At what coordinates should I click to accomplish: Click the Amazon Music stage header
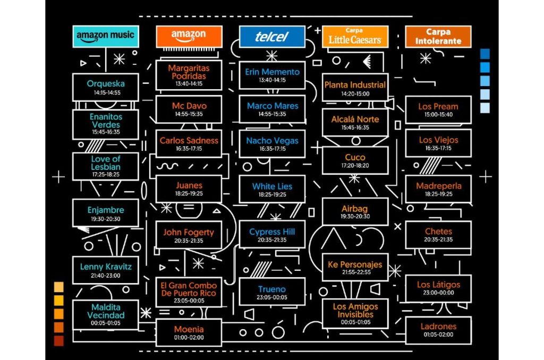point(105,36)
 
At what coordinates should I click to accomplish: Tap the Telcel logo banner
point(271,37)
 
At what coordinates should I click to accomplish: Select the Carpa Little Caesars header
point(355,37)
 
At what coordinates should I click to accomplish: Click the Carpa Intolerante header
point(438,37)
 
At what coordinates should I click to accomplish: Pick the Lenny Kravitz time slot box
point(105,270)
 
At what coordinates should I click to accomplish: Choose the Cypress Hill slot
point(272,235)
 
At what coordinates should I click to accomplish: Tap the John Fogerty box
point(189,235)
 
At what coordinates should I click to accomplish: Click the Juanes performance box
point(189,188)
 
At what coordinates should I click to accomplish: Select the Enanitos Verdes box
point(105,124)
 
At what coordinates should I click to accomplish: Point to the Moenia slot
point(189,332)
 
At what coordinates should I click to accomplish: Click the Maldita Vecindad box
point(105,314)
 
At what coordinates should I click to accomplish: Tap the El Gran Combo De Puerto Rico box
point(189,292)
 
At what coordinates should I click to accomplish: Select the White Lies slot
point(272,189)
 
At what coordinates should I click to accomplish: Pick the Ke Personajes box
point(355,267)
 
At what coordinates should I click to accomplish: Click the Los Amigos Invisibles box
point(355,313)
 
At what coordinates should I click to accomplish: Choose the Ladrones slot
point(438,329)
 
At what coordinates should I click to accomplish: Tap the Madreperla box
point(438,189)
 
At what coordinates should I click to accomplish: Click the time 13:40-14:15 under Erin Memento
point(272,80)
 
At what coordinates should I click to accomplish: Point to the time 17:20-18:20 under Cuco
point(355,166)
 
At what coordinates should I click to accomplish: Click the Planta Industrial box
point(355,88)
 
